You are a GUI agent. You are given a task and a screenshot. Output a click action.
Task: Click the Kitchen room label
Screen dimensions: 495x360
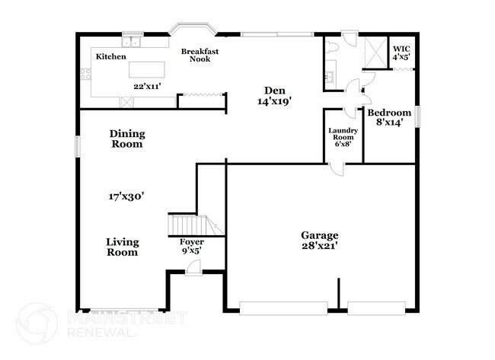(x=111, y=56)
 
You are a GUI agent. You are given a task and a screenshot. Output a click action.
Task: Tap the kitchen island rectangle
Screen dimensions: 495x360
(x=147, y=69)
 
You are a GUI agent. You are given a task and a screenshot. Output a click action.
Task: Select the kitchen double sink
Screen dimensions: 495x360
(x=131, y=42)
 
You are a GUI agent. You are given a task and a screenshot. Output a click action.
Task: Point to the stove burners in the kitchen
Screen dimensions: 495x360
(x=85, y=74)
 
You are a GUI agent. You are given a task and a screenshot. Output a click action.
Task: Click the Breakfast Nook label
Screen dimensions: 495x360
(x=200, y=56)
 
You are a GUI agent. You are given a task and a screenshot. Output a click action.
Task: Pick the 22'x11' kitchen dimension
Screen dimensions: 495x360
(x=147, y=86)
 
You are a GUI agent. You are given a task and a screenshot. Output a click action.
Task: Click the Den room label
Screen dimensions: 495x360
(x=275, y=91)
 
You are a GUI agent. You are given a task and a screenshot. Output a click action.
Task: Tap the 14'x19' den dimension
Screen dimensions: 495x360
(x=274, y=101)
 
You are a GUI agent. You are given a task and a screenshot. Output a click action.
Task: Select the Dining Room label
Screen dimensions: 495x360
(x=127, y=139)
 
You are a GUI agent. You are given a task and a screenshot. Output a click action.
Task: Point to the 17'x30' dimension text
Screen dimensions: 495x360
(x=126, y=196)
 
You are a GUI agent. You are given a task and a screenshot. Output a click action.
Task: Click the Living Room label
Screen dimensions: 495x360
(x=123, y=247)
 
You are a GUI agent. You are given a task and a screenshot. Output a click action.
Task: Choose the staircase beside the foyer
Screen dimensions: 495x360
(x=196, y=225)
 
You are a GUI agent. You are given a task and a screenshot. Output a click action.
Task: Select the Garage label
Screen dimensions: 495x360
(x=320, y=235)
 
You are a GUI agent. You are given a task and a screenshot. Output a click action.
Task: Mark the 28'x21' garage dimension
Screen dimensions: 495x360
(x=320, y=246)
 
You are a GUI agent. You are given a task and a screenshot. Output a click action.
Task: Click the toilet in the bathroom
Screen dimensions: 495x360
(x=332, y=47)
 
